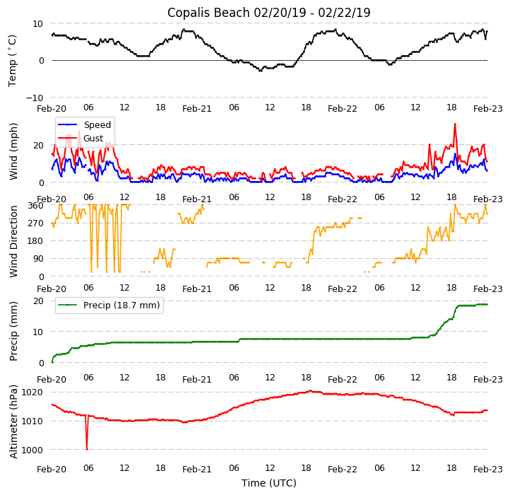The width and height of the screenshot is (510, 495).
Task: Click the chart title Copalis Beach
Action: click(x=268, y=13)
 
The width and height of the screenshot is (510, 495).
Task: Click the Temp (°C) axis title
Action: click(x=13, y=60)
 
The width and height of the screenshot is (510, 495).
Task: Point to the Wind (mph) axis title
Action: click(x=13, y=151)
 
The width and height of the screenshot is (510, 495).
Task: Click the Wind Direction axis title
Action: click(x=13, y=241)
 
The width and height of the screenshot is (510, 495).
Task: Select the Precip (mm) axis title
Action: click(x=13, y=331)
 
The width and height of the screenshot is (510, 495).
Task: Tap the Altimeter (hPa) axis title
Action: click(x=13, y=421)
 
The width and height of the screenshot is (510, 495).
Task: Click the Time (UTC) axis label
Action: click(x=269, y=483)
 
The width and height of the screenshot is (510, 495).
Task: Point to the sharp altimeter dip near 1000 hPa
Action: click(x=87, y=448)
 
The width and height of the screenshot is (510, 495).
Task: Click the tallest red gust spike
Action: click(x=455, y=124)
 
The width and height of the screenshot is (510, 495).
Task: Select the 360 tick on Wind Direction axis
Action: click(x=36, y=206)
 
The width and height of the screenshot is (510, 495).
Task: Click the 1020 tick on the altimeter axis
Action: click(x=32, y=392)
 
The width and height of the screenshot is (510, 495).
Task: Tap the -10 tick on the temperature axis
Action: click(x=35, y=98)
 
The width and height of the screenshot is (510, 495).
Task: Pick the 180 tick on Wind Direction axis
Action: click(x=36, y=241)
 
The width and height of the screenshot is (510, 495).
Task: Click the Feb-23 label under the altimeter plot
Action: click(x=487, y=469)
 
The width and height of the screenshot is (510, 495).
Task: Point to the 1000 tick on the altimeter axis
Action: click(x=32, y=450)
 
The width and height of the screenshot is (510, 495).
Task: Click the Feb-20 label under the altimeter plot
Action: click(x=52, y=469)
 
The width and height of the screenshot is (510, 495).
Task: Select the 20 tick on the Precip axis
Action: click(x=39, y=301)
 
